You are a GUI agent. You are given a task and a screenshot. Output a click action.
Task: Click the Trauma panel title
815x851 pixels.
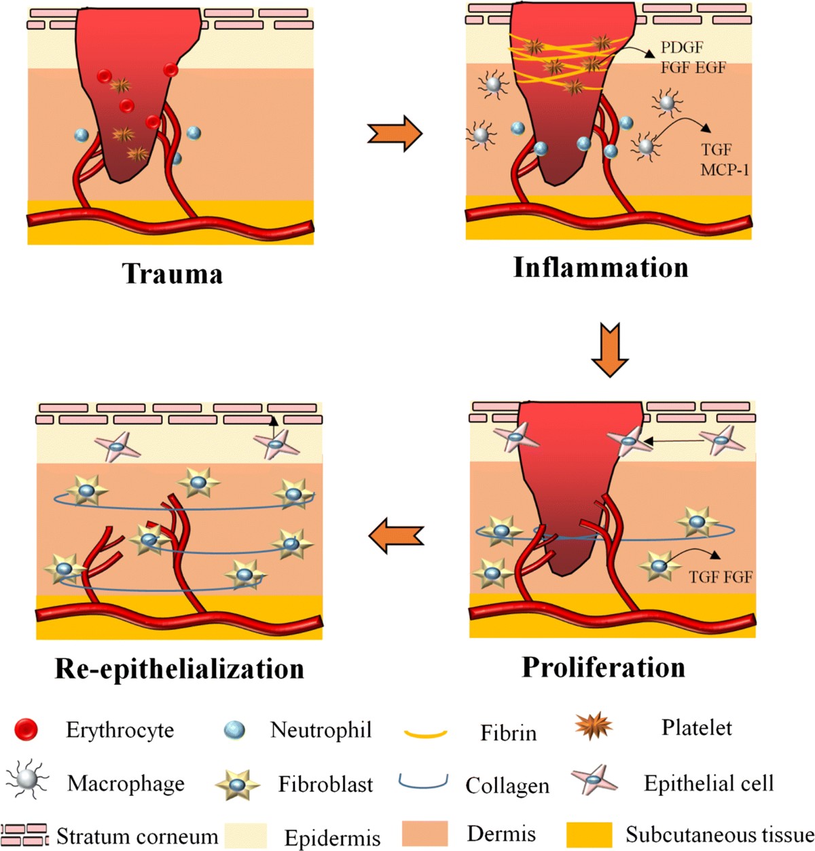pos(172,273)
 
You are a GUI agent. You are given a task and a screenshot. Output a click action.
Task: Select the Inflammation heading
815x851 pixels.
pos(600,267)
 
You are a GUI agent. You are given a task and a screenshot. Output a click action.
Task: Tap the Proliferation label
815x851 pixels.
pos(604,667)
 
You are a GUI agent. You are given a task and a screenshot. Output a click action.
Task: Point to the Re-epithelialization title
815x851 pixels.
pos(179,669)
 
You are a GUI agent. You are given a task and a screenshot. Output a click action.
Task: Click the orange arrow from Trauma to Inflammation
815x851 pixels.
pos(395,134)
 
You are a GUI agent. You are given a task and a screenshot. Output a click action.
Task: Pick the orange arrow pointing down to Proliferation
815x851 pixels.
pos(610,349)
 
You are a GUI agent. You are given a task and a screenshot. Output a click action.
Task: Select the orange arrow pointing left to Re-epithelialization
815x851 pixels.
pos(396,535)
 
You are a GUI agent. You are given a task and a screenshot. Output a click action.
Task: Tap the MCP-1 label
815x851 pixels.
pos(725,170)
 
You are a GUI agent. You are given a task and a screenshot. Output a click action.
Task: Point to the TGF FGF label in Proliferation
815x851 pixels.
pos(721,577)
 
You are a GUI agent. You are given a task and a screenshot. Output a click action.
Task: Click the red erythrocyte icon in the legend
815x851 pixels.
pos(26,729)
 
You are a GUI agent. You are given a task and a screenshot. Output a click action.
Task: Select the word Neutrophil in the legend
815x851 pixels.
pos(321,730)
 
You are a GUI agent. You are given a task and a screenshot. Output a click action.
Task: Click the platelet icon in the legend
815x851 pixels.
pos(594,725)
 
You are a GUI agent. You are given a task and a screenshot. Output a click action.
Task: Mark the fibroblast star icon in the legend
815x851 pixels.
pos(238,784)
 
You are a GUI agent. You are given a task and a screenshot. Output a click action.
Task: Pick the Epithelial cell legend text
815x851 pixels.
pos(708,782)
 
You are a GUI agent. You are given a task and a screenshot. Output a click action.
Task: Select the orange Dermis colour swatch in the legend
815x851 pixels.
pos(424,834)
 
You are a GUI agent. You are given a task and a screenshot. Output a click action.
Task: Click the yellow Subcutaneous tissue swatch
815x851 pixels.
pos(589,835)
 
